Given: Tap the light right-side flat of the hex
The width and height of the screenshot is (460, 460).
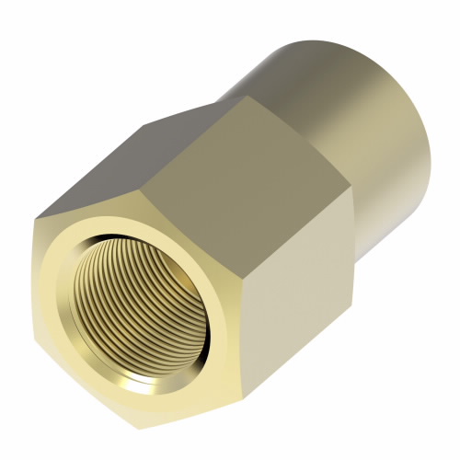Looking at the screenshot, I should pyautogui.click(x=294, y=304).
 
